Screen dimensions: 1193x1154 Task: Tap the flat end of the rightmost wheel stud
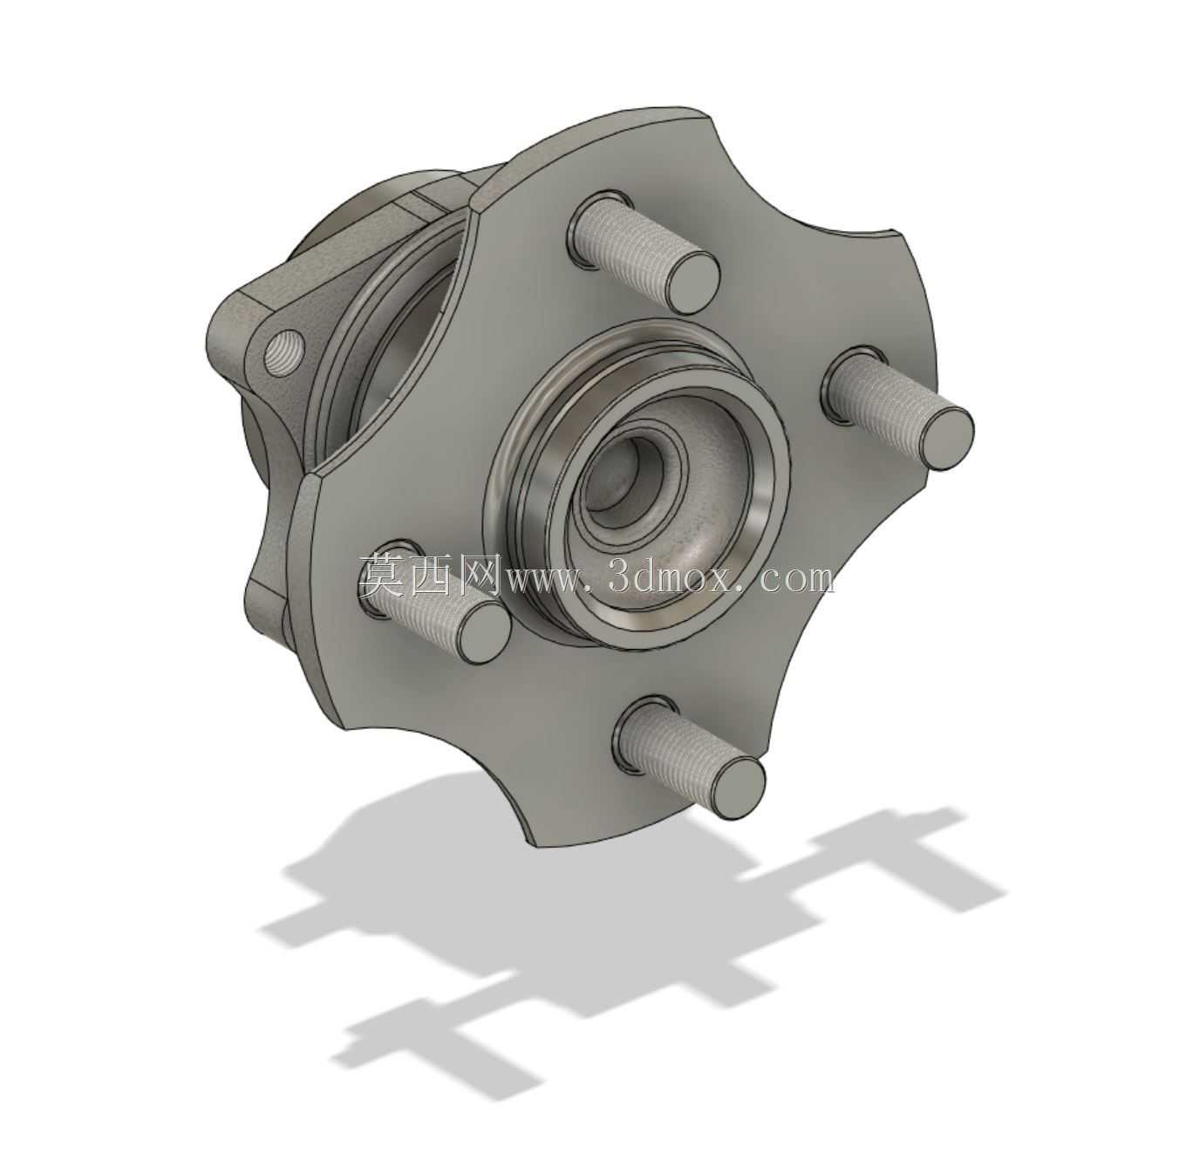click(948, 438)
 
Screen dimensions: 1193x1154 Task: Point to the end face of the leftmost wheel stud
click(486, 632)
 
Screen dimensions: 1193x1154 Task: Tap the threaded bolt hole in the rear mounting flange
click(283, 353)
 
